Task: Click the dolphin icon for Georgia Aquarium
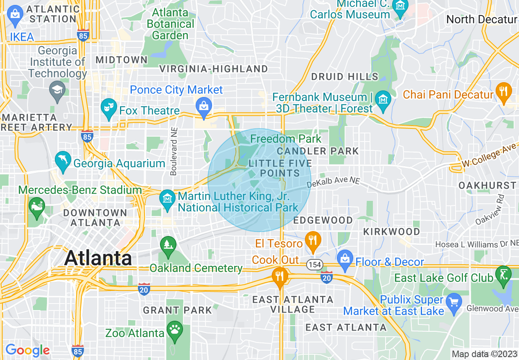(x=63, y=162)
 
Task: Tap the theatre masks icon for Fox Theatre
(x=108, y=108)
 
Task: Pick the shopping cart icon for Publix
(x=454, y=303)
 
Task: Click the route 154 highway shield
(x=315, y=265)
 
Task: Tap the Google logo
(x=27, y=350)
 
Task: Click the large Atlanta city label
(x=98, y=258)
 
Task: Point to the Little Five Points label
(x=280, y=168)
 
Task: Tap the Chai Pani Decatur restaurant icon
(x=503, y=92)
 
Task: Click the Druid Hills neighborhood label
(x=345, y=76)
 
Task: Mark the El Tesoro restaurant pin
(x=313, y=241)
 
